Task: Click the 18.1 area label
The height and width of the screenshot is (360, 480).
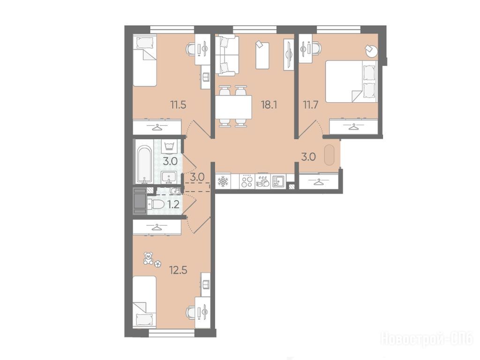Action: coord(269,105)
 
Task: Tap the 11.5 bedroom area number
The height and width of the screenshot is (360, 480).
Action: coord(178,105)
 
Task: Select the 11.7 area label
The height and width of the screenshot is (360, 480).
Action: coord(311,105)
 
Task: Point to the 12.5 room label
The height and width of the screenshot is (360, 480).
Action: coord(178,270)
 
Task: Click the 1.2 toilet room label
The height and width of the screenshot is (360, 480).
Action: coord(173,204)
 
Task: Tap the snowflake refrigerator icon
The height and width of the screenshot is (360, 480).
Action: coord(223,181)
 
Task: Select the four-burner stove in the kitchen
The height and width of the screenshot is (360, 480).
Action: coord(247,181)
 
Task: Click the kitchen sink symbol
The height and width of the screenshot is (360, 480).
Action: coord(278,181)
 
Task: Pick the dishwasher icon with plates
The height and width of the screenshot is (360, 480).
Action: coord(262,181)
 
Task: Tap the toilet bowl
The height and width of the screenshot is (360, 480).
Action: coord(156,204)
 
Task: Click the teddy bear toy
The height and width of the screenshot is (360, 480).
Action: coord(149,258)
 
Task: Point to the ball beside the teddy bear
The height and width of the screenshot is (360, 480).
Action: coord(157,264)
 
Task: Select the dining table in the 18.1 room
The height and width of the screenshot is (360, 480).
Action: coord(233,107)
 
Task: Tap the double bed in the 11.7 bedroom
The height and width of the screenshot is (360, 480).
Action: coord(351,81)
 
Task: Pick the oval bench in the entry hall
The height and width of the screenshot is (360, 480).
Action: coord(329,155)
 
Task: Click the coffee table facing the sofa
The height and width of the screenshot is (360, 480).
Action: coord(262,55)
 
